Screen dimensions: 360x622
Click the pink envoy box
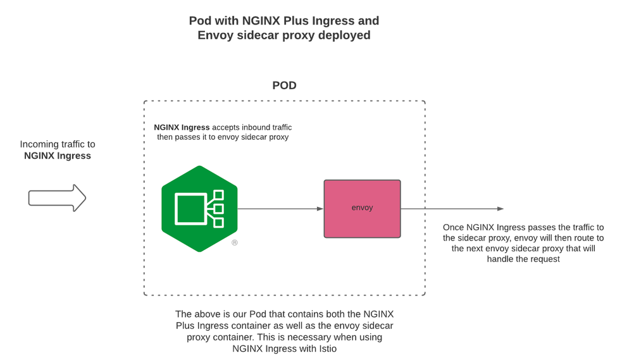coord(362,209)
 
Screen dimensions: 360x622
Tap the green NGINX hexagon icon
coord(199,209)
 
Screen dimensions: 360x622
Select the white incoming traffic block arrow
coord(57,198)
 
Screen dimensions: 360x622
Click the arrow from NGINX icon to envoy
coord(278,209)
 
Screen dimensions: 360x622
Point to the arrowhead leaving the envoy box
coord(500,209)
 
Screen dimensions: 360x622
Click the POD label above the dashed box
coord(284,85)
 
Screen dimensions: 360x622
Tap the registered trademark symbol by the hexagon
coord(234,243)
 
